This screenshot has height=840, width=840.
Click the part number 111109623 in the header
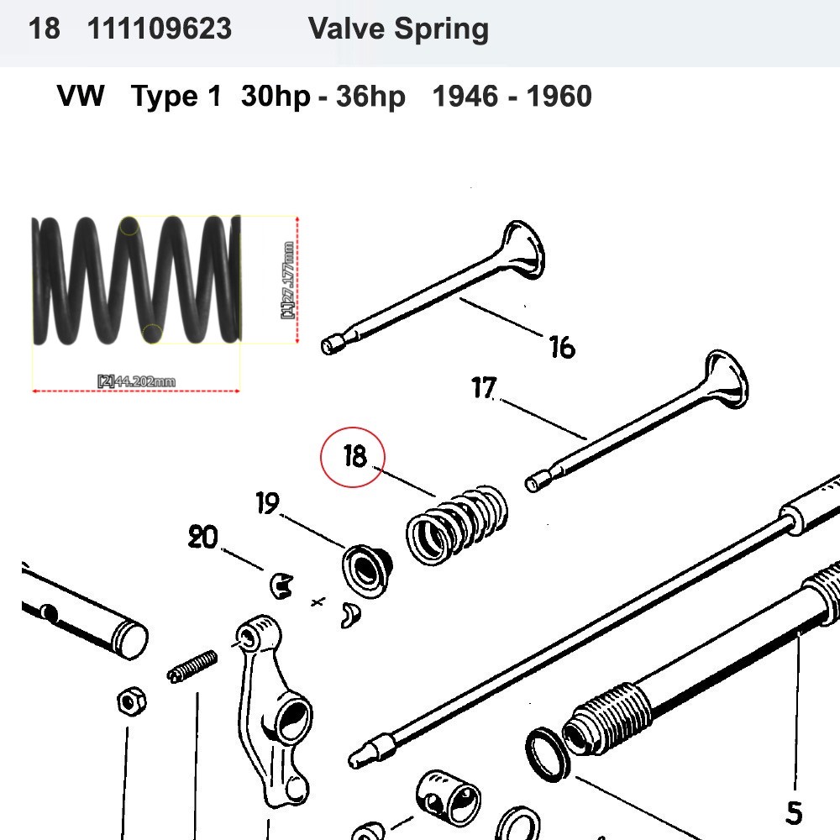pyautogui.click(x=159, y=29)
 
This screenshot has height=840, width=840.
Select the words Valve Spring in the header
pyautogui.click(x=398, y=29)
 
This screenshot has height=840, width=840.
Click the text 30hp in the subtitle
pyautogui.click(x=276, y=96)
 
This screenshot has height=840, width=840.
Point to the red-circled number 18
pyautogui.click(x=354, y=457)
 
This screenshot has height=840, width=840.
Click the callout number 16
pyautogui.click(x=561, y=345)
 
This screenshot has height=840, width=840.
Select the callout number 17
pyautogui.click(x=484, y=389)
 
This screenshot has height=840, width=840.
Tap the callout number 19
pyautogui.click(x=267, y=505)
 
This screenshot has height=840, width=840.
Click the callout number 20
pyautogui.click(x=202, y=538)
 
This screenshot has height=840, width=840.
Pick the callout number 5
pyautogui.click(x=793, y=812)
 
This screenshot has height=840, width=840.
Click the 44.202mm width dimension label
pyautogui.click(x=136, y=382)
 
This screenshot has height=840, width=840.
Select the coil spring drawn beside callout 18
pyautogui.click(x=458, y=522)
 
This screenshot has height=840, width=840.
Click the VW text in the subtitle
pyautogui.click(x=81, y=96)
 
